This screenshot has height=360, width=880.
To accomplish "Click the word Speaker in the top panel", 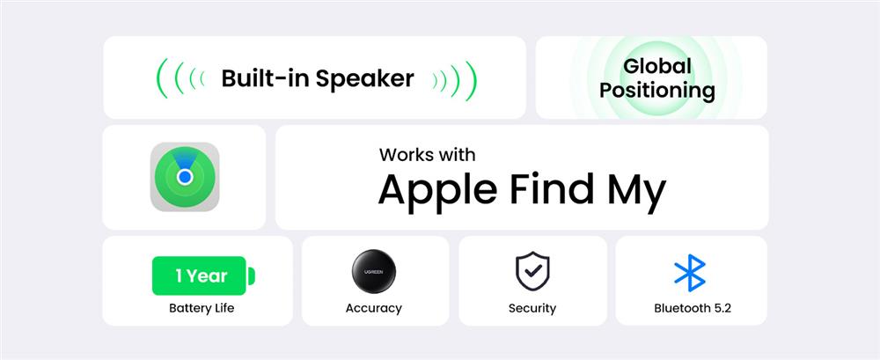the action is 365,79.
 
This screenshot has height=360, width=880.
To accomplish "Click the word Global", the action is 657,66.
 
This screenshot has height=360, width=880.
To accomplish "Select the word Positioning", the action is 657,91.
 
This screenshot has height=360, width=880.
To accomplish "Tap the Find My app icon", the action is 185,177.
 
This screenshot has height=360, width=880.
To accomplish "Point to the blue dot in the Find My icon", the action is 185,178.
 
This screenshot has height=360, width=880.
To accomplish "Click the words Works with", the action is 427,154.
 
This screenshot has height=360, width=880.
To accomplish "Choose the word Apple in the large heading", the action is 437,190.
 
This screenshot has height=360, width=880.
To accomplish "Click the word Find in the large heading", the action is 552,188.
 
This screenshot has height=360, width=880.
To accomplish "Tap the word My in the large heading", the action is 636,191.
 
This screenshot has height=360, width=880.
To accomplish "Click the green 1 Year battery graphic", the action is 204,276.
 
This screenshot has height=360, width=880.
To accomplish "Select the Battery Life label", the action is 202,308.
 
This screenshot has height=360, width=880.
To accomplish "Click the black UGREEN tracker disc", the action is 374,271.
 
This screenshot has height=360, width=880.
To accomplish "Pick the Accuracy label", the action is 374,308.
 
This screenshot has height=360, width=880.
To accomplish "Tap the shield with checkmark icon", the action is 532,271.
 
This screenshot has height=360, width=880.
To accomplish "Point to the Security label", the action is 532,308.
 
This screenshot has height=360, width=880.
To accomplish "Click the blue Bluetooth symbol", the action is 690,272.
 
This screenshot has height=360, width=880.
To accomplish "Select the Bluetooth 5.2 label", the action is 693,308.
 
